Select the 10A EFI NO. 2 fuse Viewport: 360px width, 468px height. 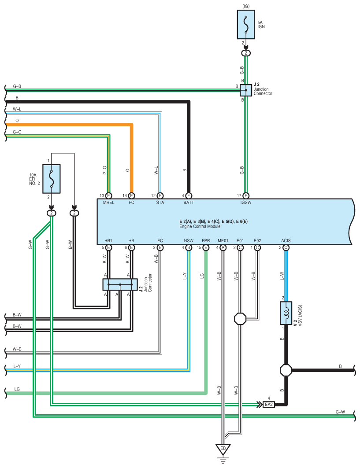click(x=52, y=179)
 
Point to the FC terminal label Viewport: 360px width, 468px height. click(x=131, y=203)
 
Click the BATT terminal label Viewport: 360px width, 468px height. click(x=189, y=203)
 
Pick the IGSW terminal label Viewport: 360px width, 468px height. click(x=245, y=203)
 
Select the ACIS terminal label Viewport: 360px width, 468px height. click(x=286, y=240)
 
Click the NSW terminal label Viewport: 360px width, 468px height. click(x=188, y=240)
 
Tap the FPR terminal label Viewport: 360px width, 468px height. click(x=206, y=240)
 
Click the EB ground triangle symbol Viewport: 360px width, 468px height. click(x=223, y=450)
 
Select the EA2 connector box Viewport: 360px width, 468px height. click(x=269, y=404)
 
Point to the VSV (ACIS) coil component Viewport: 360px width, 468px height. click(x=286, y=313)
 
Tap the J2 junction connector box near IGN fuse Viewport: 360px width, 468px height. click(x=246, y=90)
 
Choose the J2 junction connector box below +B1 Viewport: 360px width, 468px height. click(x=120, y=284)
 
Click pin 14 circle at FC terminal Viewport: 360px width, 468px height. click(x=131, y=195)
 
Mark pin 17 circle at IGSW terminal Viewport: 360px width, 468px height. click(x=246, y=195)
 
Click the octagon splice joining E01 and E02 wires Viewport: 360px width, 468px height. click(x=240, y=318)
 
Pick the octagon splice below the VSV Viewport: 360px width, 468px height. click(x=286, y=370)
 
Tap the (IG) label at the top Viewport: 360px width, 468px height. click(x=246, y=6)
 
